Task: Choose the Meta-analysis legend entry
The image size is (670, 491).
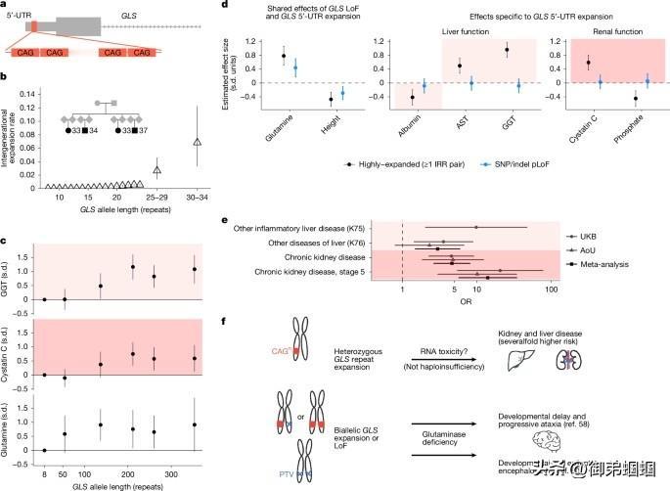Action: [604, 264]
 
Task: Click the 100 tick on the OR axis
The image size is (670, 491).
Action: [551, 290]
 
